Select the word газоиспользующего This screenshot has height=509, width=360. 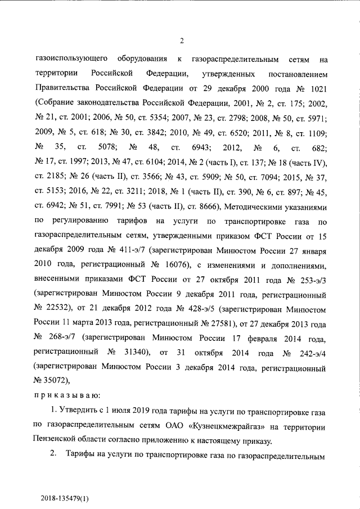(70, 59)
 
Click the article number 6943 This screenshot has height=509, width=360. (201, 147)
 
